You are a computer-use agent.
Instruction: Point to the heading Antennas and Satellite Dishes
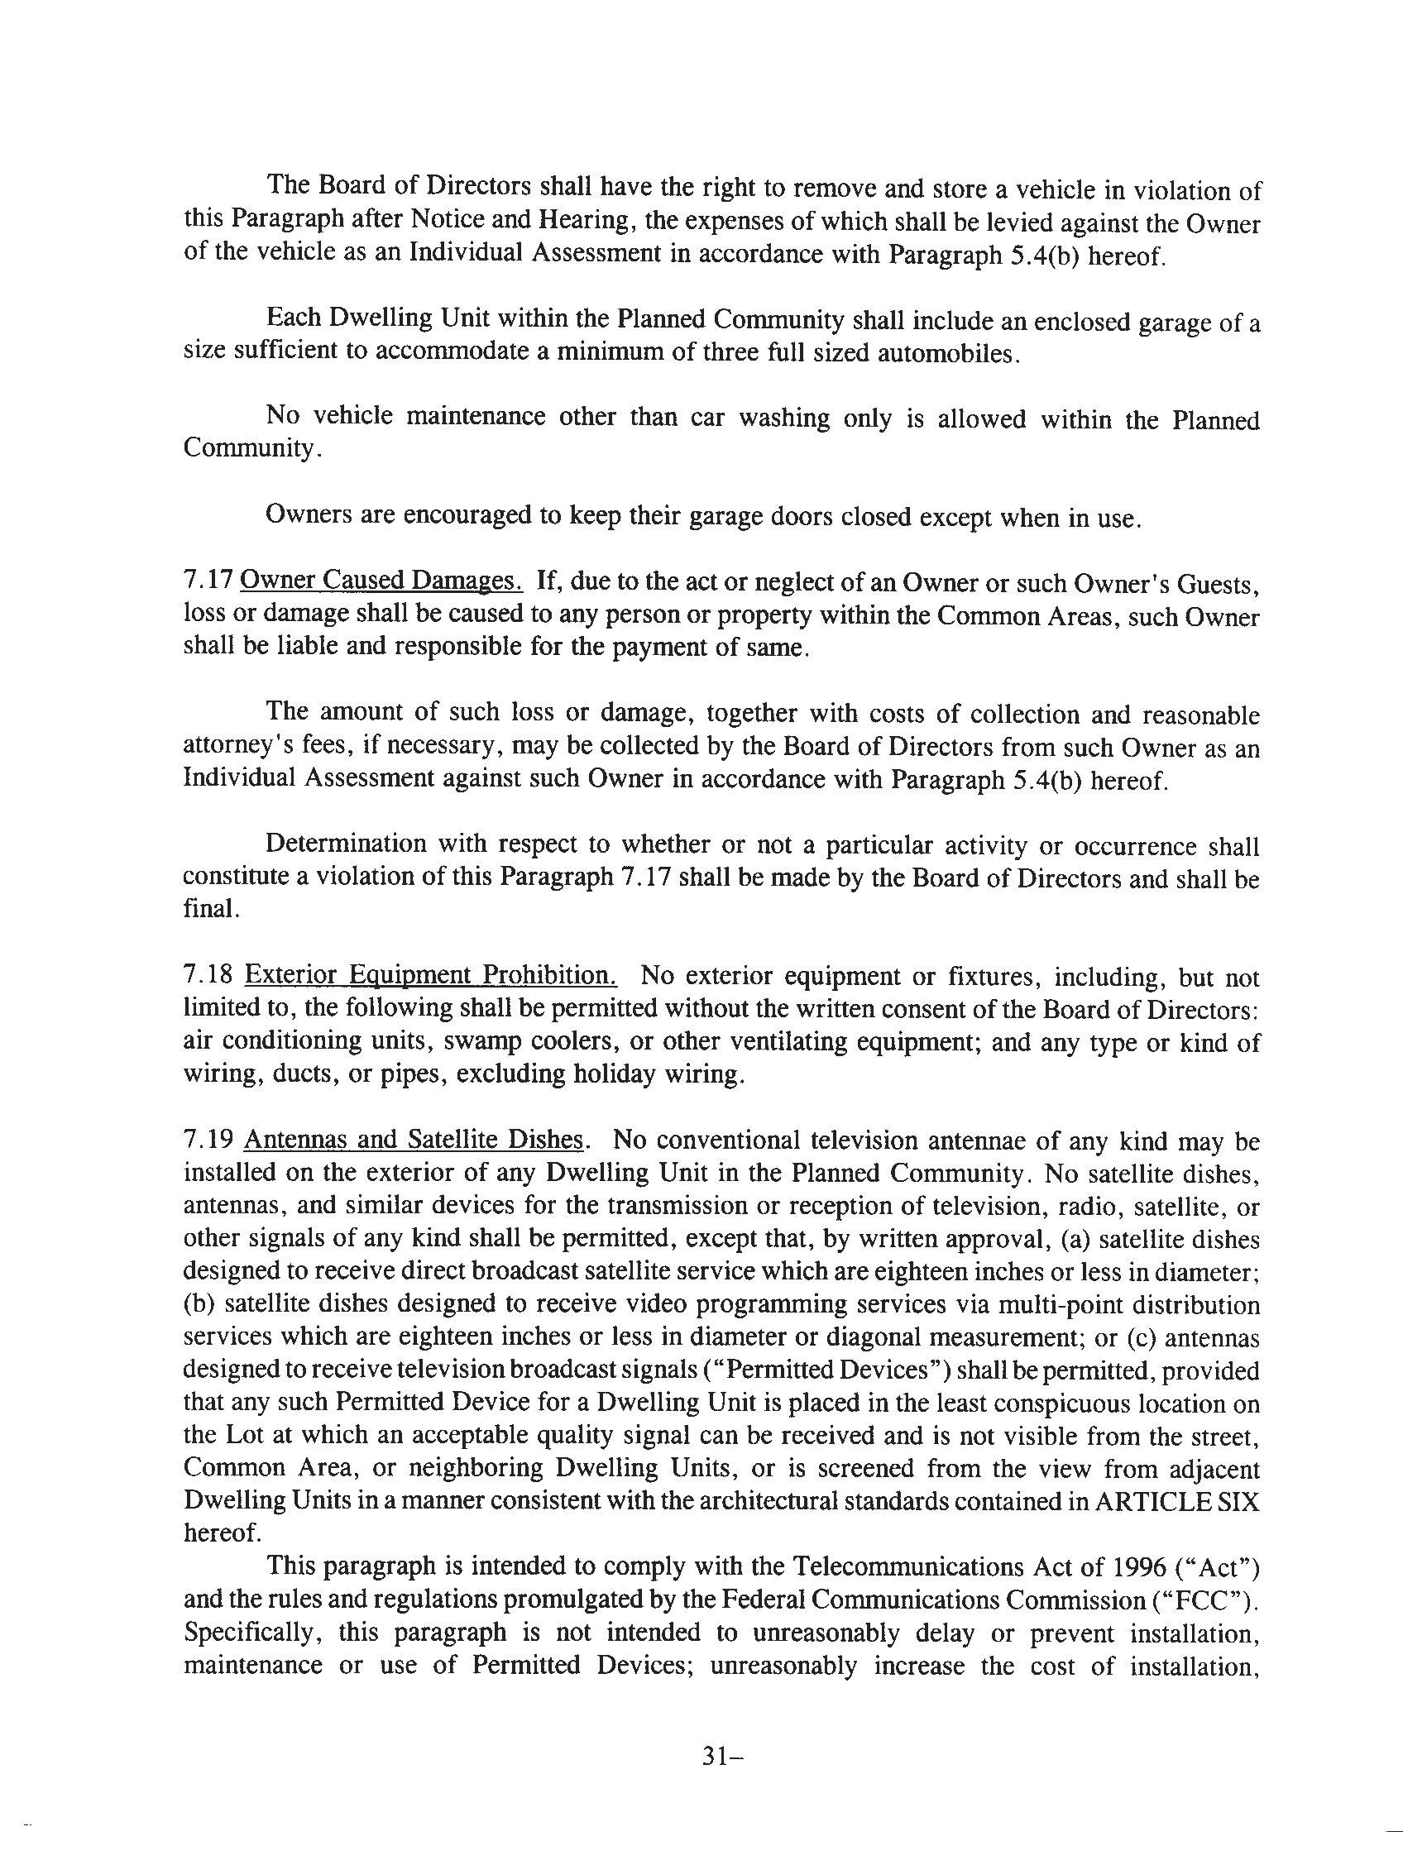coord(414,1140)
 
